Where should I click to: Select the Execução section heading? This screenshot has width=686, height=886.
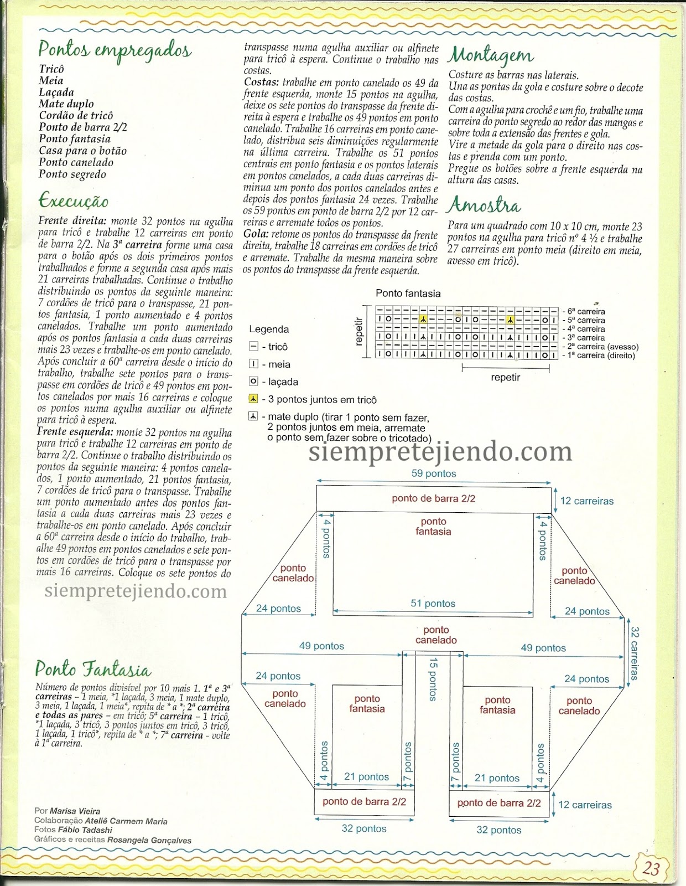tap(74, 200)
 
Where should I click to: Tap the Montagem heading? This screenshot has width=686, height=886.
tap(491, 55)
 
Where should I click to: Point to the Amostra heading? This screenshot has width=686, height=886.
tap(484, 205)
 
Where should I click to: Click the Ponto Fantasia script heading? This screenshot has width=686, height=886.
tap(92, 669)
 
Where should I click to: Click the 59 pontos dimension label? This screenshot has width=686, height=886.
tap(434, 473)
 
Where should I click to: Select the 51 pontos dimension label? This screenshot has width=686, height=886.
tap(433, 604)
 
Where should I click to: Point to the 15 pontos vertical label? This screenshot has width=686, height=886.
tap(433, 679)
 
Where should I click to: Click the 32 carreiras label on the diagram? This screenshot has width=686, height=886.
tap(635, 653)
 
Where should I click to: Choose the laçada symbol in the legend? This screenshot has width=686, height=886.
tap(253, 382)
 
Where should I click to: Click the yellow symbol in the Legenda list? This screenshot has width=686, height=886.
tap(253, 399)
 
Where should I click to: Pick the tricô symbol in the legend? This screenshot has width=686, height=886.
tap(253, 347)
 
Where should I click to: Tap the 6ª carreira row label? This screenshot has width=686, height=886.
tap(586, 311)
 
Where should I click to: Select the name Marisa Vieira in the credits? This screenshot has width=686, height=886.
tap(75, 811)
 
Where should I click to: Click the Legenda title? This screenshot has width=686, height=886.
tap(269, 329)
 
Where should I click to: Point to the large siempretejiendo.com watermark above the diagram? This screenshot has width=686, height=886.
tap(440, 452)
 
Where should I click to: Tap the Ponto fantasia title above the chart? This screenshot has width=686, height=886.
tap(408, 293)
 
